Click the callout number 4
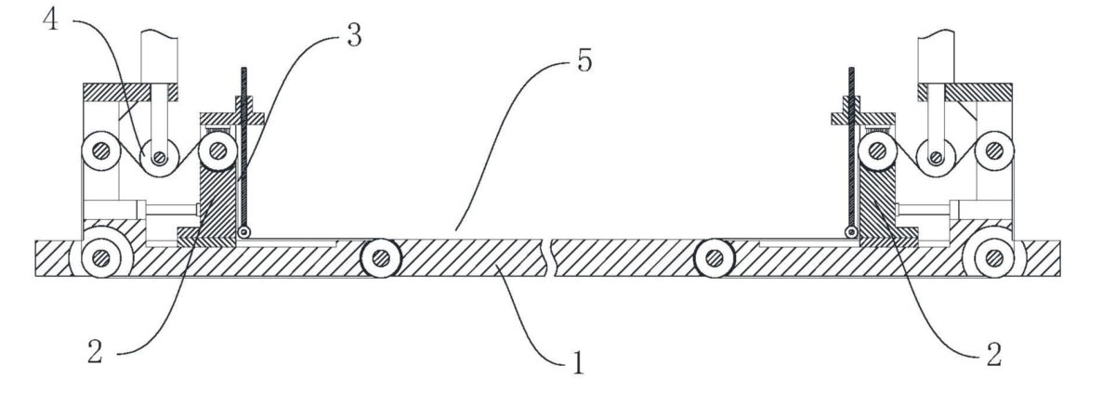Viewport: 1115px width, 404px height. pyautogui.click(x=50, y=20)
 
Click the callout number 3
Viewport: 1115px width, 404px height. pyautogui.click(x=354, y=36)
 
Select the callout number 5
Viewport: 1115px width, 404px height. pyautogui.click(x=584, y=61)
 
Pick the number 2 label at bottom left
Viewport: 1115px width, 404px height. pyautogui.click(x=95, y=351)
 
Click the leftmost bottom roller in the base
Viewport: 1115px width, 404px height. pyautogui.click(x=101, y=258)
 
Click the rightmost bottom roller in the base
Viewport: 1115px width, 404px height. pyautogui.click(x=994, y=258)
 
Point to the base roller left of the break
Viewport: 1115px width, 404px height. pyautogui.click(x=381, y=258)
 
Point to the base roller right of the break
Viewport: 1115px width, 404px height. pyautogui.click(x=715, y=258)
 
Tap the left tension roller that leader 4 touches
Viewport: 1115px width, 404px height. pyautogui.click(x=159, y=157)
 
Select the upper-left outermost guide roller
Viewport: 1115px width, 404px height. pyautogui.click(x=101, y=150)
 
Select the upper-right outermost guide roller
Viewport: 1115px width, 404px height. pyautogui.click(x=994, y=150)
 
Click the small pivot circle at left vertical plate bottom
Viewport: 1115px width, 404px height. pyautogui.click(x=243, y=232)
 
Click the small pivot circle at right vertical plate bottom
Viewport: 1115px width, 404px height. pyautogui.click(x=852, y=232)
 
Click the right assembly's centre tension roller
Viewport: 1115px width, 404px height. pyautogui.click(x=936, y=157)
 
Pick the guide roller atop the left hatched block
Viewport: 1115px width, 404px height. pyautogui.click(x=217, y=150)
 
